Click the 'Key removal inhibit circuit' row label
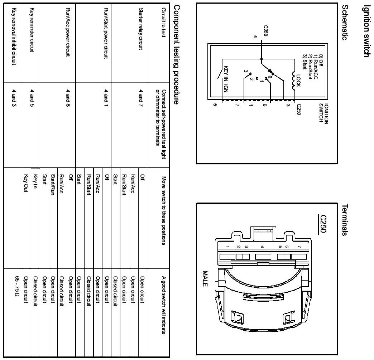click(x=14, y=35)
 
